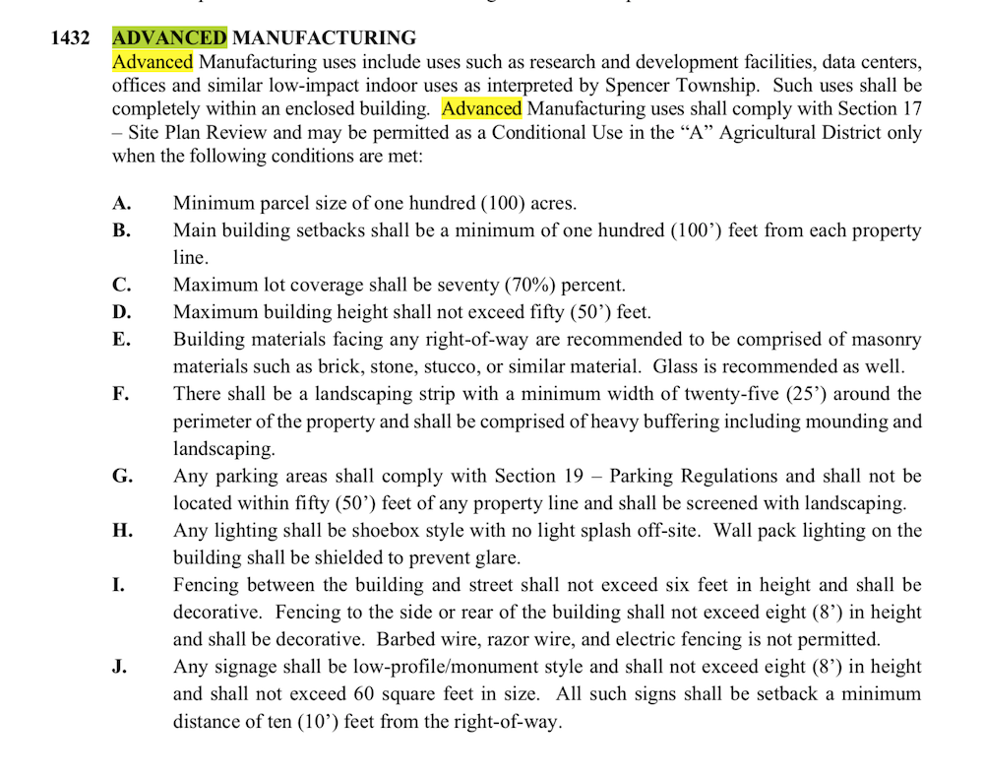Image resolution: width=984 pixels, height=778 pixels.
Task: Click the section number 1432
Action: pyautogui.click(x=71, y=38)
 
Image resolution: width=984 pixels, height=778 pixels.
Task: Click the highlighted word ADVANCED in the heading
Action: pyautogui.click(x=169, y=38)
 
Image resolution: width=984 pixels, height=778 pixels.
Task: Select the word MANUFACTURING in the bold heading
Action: pyautogui.click(x=324, y=38)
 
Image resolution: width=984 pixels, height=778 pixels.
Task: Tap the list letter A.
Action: pyautogui.click(x=121, y=204)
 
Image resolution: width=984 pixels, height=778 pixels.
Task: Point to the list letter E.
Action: pyautogui.click(x=121, y=340)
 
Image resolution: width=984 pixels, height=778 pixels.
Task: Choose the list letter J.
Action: pyautogui.click(x=119, y=667)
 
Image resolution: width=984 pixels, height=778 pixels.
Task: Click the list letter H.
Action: pyautogui.click(x=122, y=531)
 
